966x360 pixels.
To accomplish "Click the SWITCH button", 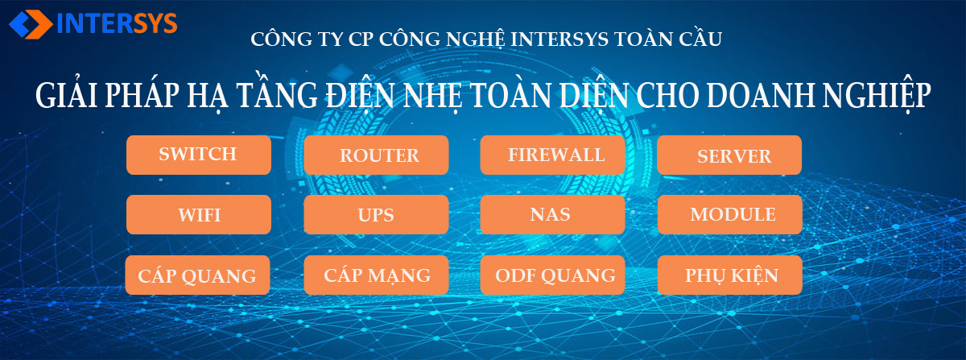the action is point(199,155).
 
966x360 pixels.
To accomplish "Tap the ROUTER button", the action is point(376,155).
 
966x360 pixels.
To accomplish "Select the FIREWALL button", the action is point(552,155).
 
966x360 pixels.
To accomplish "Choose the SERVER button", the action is point(729,155).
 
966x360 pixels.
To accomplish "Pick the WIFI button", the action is point(199,214).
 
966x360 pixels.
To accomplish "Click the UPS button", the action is point(376,214).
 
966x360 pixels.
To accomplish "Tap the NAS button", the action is point(552,214).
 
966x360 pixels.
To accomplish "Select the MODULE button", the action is point(729,214).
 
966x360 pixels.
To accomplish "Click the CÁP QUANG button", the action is point(197,275).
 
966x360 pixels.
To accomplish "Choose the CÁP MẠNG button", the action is point(376,275).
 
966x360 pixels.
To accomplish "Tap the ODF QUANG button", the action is point(552,275).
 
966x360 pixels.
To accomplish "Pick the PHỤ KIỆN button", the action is point(729,275).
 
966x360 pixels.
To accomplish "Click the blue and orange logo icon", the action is point(31,24).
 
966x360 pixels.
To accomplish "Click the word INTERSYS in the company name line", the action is point(559,39).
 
